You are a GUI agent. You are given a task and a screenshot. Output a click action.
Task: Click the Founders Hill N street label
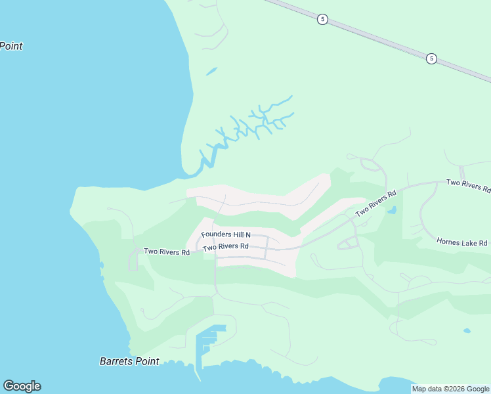[x=226, y=234]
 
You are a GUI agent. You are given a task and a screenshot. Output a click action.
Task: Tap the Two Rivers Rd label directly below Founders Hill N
[x=225, y=247]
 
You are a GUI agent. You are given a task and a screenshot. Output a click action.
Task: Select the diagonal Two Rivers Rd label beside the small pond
[x=376, y=204]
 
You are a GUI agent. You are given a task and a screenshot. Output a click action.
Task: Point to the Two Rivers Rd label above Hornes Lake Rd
[x=467, y=185]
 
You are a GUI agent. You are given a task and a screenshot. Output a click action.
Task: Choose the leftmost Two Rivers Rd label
[x=167, y=252]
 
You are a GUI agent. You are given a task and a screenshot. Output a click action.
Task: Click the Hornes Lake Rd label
[x=462, y=242]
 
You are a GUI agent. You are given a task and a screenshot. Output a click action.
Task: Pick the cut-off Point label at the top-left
[x=11, y=46]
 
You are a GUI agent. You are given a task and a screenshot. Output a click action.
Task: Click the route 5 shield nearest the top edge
[x=322, y=19]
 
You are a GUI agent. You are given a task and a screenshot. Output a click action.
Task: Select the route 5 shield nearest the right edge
[x=431, y=58]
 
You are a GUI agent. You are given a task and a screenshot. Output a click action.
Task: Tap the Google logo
[x=22, y=386]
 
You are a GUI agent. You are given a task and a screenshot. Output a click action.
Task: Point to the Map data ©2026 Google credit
[x=450, y=389]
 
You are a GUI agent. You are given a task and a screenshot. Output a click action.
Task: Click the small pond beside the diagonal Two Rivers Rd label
[x=392, y=211]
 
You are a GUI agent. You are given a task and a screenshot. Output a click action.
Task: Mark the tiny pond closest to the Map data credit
[x=466, y=330]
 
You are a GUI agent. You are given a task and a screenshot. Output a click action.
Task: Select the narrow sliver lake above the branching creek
[x=211, y=71]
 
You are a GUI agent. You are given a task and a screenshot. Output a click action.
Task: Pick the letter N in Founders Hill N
[x=248, y=234]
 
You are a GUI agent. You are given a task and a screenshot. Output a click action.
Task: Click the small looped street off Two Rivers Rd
[x=348, y=243]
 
